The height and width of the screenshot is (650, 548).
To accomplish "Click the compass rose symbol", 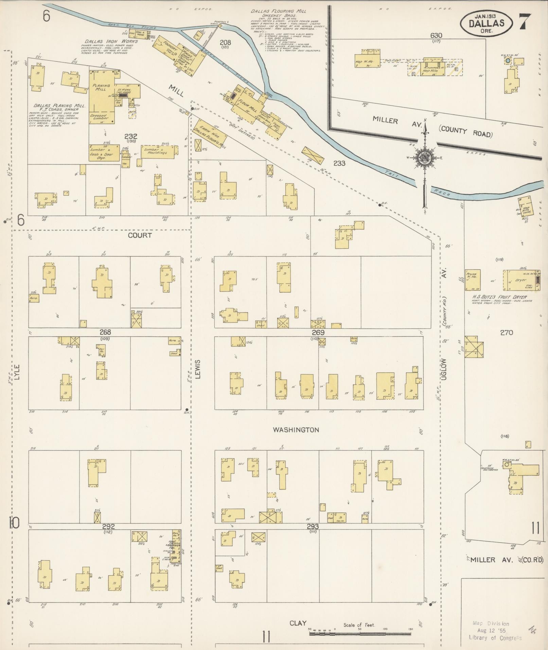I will click(x=424, y=158).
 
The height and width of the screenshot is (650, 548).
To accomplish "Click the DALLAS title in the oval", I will click(x=486, y=23).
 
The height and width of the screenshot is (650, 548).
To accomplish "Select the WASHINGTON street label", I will click(x=296, y=430).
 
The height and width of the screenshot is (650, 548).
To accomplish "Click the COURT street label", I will click(x=140, y=235).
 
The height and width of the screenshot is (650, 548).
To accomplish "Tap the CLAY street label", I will click(x=298, y=623).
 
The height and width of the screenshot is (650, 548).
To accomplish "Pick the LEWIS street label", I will click(x=198, y=369).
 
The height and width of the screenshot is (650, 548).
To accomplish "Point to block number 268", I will click(x=105, y=332).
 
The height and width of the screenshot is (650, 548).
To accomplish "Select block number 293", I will click(x=312, y=527).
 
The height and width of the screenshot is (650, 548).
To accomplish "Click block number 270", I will click(x=506, y=333).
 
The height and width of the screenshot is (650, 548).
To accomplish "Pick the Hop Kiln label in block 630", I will click(x=430, y=71).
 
